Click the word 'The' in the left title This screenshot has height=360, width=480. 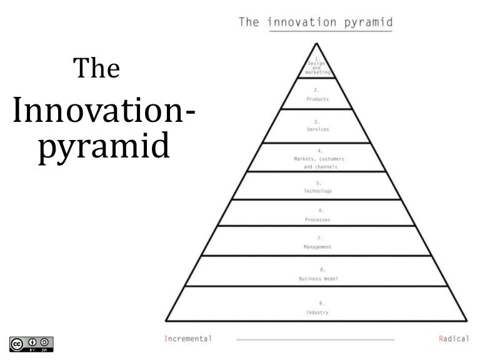coord(96,69)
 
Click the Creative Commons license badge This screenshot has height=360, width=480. coord(31,344)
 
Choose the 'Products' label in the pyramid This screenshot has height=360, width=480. coord(317,99)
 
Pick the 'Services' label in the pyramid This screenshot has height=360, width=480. coord(317,129)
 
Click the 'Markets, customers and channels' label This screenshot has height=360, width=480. coord(319,163)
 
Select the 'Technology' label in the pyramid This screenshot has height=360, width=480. coord(317,191)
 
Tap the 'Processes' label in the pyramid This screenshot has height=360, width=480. coord(317,220)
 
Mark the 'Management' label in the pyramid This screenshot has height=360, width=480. coord(317,247)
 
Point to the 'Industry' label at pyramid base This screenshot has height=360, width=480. coord(317,312)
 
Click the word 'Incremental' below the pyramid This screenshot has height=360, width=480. coord(187,339)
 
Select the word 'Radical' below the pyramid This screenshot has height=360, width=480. coord(454,339)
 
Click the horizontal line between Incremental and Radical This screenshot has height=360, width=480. coord(315,339)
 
